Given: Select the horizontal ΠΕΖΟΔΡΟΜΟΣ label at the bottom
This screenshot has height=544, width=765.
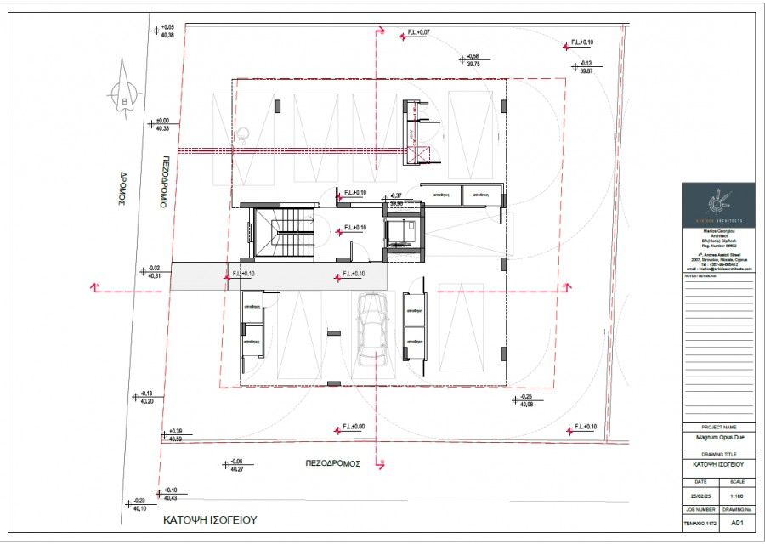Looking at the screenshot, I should (333, 464).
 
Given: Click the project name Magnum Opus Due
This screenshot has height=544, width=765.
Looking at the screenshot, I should (717, 439).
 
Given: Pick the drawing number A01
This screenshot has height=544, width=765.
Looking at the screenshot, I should (738, 523).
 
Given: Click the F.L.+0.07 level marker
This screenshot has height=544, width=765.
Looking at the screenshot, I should (418, 32).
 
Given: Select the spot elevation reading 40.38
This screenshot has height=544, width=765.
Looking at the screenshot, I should (167, 35).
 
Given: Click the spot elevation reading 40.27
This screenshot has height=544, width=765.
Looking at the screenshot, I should (236, 469).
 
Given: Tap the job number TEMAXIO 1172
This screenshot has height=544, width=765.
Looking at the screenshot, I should (700, 523).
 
